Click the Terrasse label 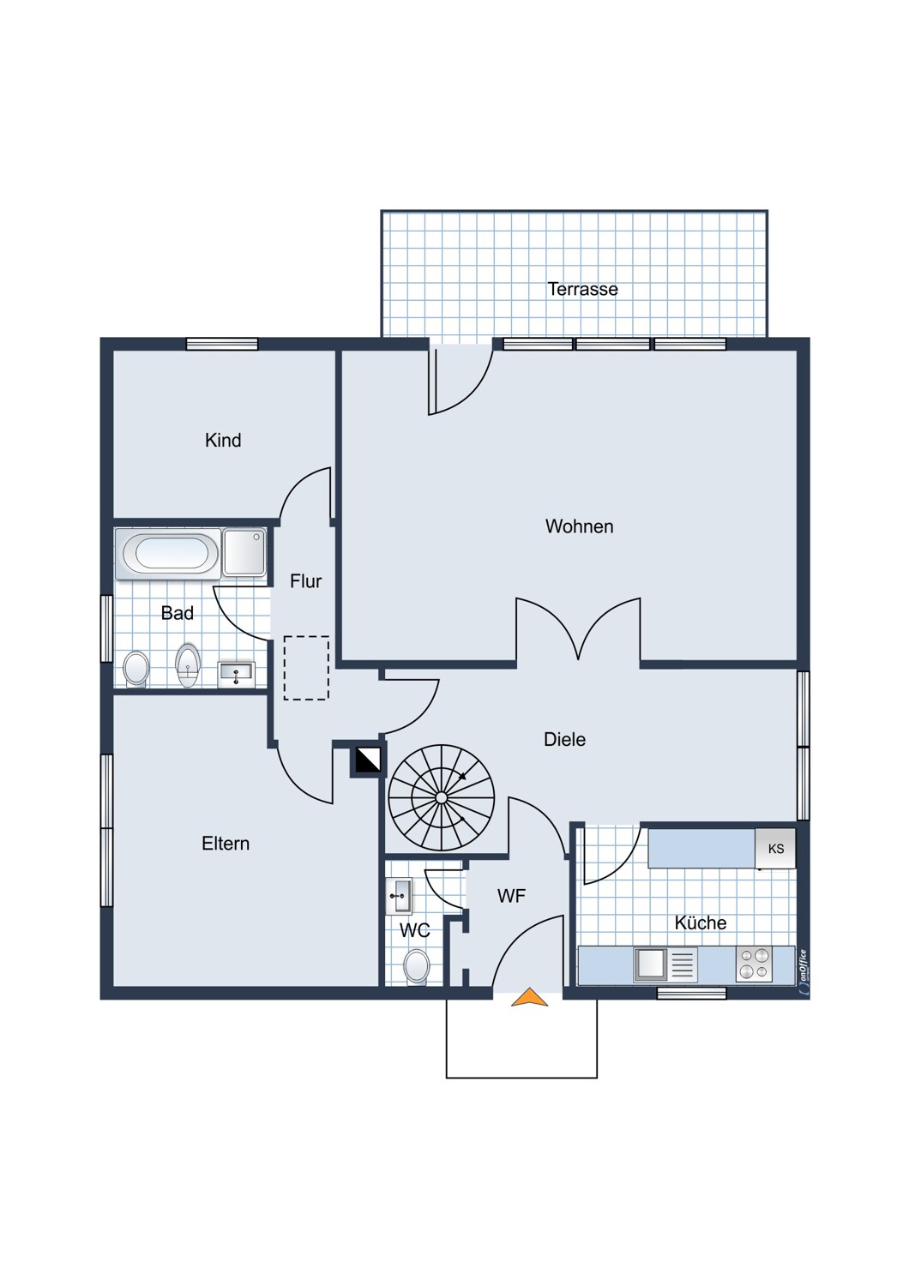point(582,289)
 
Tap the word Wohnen point(580,526)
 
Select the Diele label point(564,739)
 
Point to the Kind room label point(223,441)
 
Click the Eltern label point(226,844)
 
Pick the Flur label point(305,581)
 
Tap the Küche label point(701,922)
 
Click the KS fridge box point(775,849)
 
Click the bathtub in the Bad point(168,554)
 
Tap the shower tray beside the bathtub point(244,552)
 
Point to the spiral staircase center point(441,797)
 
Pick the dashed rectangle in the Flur point(306,668)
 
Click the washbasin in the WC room point(399,896)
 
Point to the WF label point(512,896)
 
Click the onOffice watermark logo point(803,971)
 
